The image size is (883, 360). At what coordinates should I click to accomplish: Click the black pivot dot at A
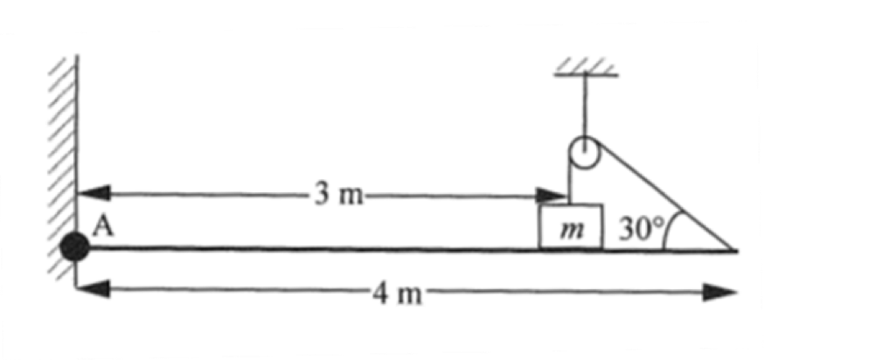pos(75,249)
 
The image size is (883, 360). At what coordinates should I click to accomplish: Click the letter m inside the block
pos(570,229)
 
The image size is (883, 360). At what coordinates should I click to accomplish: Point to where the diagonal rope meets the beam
pos(735,251)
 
